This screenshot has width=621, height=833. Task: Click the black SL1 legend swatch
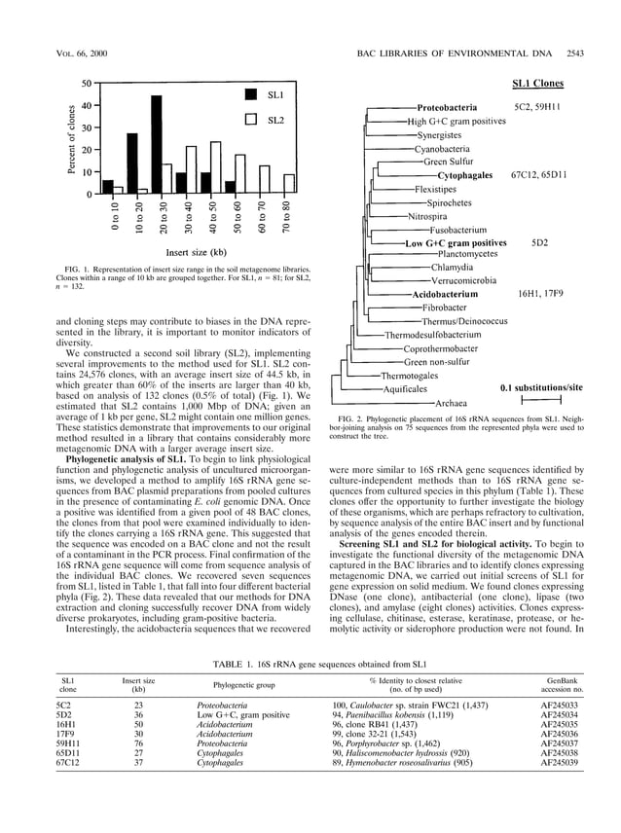[x=250, y=95]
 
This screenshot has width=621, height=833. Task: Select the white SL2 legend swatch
[x=250, y=121]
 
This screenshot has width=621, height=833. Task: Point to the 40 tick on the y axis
[x=86, y=105]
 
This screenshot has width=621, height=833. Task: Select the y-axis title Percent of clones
[x=71, y=139]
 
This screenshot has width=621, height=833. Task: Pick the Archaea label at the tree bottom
[x=452, y=402]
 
